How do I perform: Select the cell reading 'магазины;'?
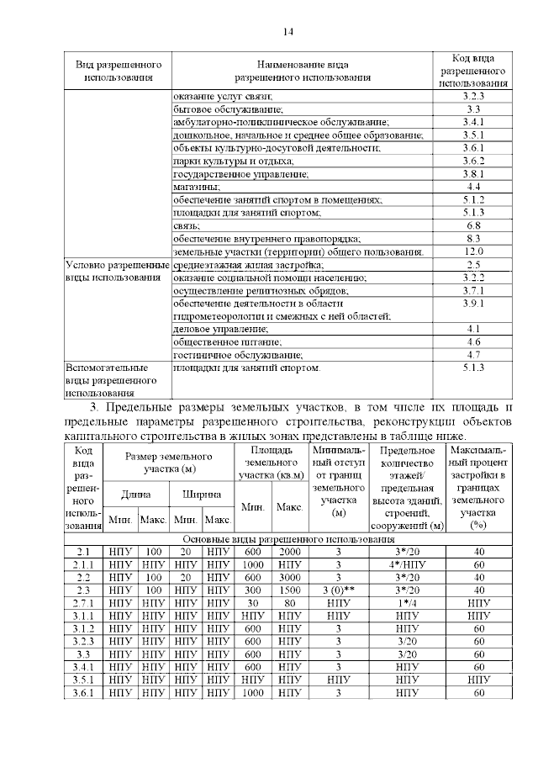[x=197, y=186]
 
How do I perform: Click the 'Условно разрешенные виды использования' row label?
[x=117, y=271]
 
